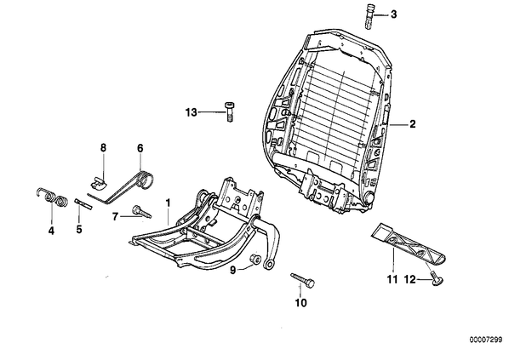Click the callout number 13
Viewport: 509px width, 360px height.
pos(192,112)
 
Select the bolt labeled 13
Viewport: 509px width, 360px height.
pos(229,112)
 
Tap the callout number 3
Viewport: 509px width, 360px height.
pos(393,14)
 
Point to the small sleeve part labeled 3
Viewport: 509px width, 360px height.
pos(369,16)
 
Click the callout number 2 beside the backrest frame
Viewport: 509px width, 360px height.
pos(412,124)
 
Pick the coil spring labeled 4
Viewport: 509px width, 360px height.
pos(52,197)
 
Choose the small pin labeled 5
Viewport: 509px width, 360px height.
pos(83,204)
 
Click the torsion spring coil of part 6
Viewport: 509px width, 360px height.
pos(145,180)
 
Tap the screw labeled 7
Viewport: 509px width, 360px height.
pos(141,211)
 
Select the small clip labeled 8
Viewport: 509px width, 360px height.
pos(98,182)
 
